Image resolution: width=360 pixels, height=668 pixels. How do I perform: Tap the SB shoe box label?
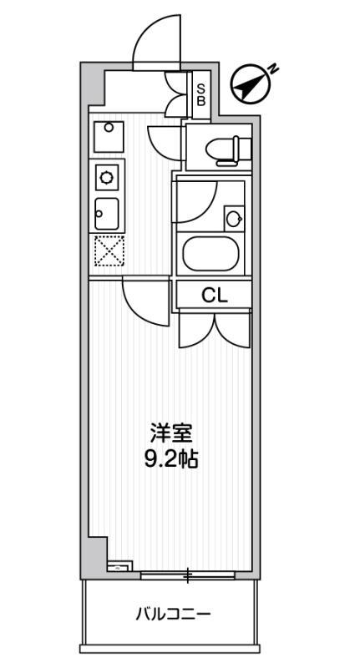(x=201, y=92)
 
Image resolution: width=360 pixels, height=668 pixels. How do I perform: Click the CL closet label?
(x=213, y=295)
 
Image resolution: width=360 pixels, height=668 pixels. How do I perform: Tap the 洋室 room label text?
(x=172, y=434)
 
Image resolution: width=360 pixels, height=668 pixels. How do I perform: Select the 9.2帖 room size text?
(x=173, y=458)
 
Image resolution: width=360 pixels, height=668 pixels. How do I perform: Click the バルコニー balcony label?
(x=174, y=615)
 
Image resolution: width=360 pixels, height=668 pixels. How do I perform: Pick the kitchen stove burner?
(x=108, y=177)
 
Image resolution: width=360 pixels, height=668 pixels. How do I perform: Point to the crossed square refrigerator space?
(x=109, y=250)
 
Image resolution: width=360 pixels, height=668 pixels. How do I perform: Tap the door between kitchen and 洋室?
(x=142, y=301)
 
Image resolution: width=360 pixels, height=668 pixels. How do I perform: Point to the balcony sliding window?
(x=188, y=575)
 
